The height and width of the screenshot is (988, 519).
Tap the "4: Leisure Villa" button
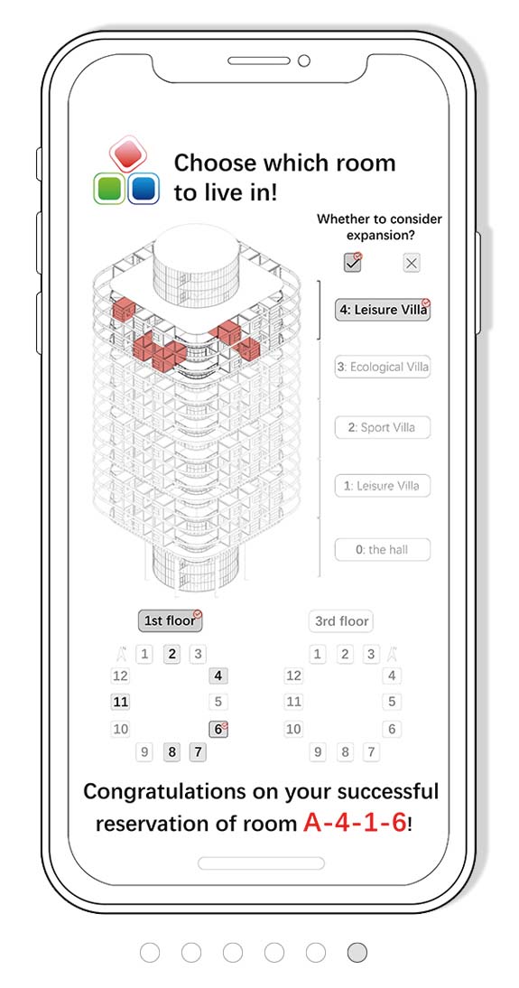click(x=383, y=310)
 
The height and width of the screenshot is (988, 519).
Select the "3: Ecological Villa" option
click(x=383, y=367)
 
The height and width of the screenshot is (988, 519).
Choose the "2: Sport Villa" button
click(x=383, y=427)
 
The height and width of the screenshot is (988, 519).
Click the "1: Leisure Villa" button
click(x=383, y=486)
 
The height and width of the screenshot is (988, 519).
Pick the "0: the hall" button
click(x=383, y=549)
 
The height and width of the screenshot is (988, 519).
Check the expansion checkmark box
click(x=353, y=263)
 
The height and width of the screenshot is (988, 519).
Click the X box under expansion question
click(x=412, y=264)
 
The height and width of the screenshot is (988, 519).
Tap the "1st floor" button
click(x=170, y=620)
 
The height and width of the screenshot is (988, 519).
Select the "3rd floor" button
click(x=341, y=620)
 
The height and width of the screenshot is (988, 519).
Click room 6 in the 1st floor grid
click(x=218, y=729)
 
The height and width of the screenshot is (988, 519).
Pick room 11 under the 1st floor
click(x=120, y=702)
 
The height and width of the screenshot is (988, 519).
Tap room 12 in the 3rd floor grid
click(x=293, y=676)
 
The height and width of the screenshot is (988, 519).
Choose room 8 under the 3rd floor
click(x=345, y=751)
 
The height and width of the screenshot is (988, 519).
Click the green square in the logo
click(x=109, y=189)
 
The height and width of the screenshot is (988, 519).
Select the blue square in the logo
click(x=144, y=189)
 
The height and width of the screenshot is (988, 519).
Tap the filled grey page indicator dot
click(x=357, y=952)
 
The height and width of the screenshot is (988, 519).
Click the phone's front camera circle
click(x=303, y=61)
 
